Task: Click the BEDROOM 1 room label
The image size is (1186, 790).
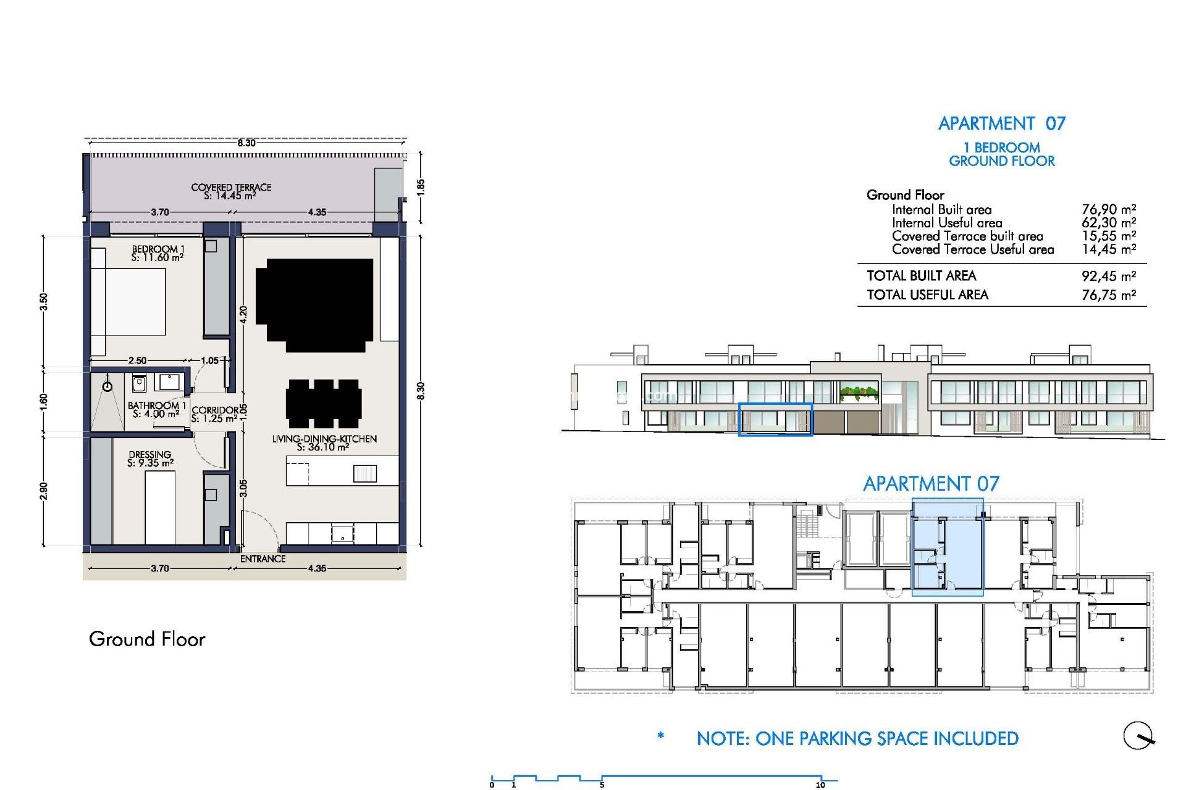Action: (x=158, y=253)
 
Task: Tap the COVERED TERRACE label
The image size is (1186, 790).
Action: (x=231, y=191)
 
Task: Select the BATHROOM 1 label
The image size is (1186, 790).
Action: (x=156, y=410)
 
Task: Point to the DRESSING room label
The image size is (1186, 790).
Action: (x=150, y=459)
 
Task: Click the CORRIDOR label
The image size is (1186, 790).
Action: (x=214, y=414)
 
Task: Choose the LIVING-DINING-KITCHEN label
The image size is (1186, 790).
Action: (x=324, y=443)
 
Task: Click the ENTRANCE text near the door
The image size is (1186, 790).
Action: (x=263, y=559)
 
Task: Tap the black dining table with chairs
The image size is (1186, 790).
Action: (x=324, y=403)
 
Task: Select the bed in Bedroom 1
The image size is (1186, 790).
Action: (x=128, y=302)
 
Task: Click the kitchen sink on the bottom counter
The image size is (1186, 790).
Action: (x=342, y=533)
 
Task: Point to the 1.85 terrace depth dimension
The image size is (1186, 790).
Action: (x=421, y=186)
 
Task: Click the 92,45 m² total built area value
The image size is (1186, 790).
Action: (x=1108, y=276)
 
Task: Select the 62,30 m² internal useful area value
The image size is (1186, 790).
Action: (x=1108, y=223)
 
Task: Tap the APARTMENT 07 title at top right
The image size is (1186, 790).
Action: (x=1001, y=123)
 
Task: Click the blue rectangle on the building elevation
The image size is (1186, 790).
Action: (x=775, y=420)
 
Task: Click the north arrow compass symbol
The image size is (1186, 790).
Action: (x=1138, y=736)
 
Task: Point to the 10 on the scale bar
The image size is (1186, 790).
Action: (x=820, y=785)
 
